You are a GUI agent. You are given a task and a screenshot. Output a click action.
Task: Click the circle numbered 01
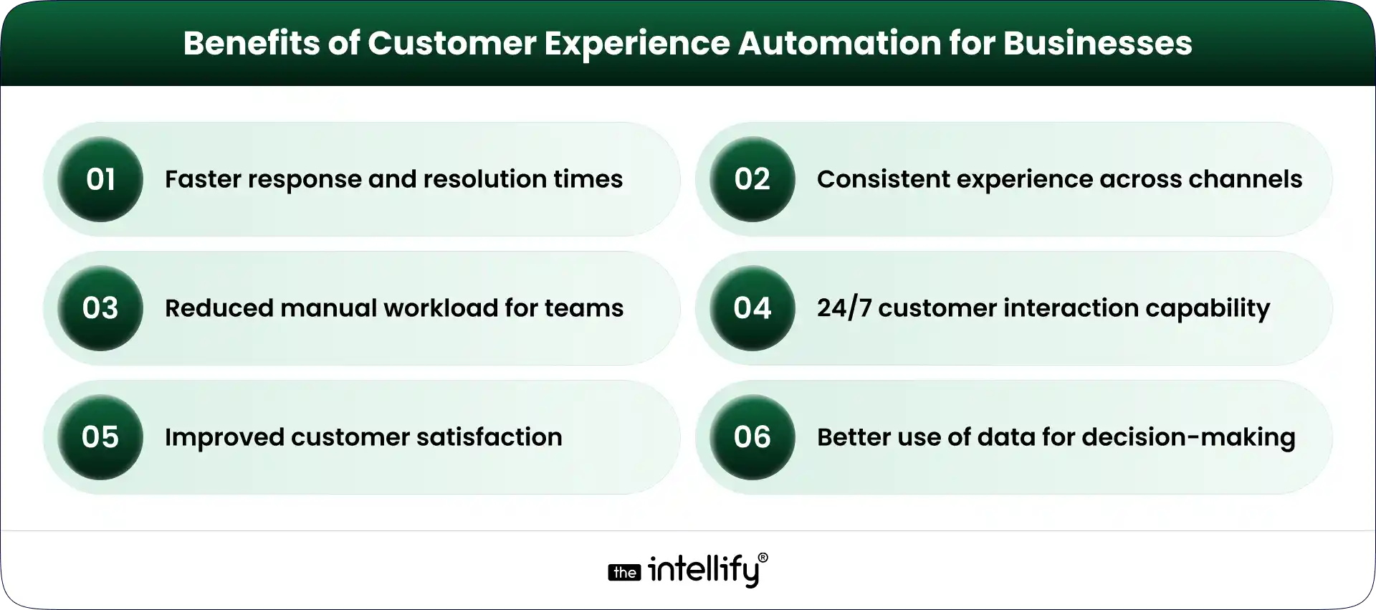coord(100,179)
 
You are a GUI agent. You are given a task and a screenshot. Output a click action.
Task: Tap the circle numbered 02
coord(752,179)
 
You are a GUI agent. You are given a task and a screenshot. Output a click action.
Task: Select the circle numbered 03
coord(100,308)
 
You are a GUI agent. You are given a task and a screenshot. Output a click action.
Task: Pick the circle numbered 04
coord(752,308)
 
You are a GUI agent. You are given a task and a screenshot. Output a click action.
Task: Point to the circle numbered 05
coord(100,437)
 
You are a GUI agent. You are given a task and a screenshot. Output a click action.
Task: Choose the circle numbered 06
coord(752,437)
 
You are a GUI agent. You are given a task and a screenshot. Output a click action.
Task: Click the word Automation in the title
coord(839,43)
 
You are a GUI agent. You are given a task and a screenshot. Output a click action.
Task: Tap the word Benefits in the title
coord(251,43)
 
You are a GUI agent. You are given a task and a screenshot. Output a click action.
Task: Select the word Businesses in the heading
coord(1097,43)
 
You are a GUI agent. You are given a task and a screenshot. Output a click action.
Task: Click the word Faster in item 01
coord(203,179)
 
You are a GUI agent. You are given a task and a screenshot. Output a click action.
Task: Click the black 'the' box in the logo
coord(624,573)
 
